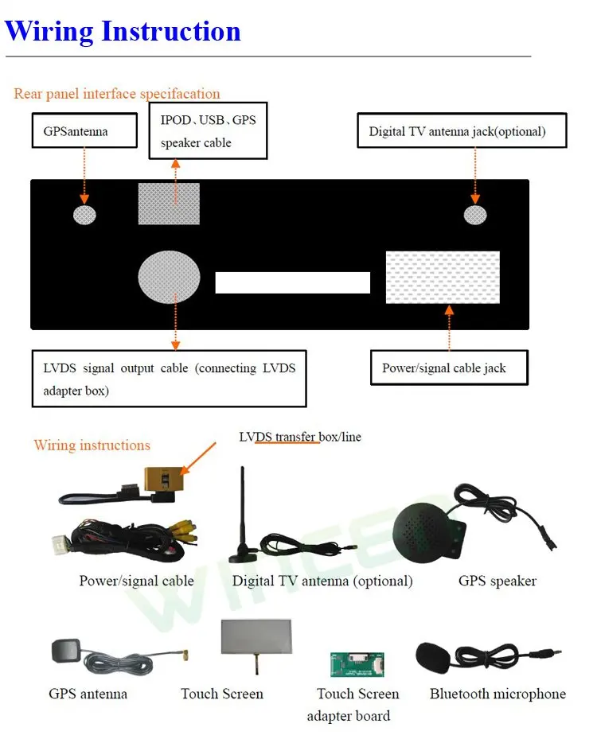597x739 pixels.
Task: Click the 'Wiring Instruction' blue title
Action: click(123, 31)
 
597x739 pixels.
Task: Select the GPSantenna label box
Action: click(85, 130)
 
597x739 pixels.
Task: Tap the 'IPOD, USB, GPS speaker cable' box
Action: click(208, 130)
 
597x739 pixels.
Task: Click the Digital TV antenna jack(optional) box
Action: click(462, 130)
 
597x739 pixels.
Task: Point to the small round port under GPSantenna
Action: click(85, 215)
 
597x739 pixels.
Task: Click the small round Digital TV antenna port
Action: click(475, 215)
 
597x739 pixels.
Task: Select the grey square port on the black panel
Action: click(169, 204)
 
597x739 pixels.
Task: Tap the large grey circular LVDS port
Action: click(169, 277)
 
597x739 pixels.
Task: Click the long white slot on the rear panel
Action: click(293, 282)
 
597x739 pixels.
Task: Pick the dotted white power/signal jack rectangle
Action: click(443, 278)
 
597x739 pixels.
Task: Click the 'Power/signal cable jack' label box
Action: click(450, 368)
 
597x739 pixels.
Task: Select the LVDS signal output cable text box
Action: click(170, 379)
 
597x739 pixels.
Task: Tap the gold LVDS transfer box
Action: click(164, 480)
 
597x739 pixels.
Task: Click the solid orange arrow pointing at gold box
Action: click(198, 458)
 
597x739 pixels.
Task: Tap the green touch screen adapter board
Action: click(357, 664)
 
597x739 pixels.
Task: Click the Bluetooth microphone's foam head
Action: click(433, 658)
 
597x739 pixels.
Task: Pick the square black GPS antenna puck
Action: click(66, 651)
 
